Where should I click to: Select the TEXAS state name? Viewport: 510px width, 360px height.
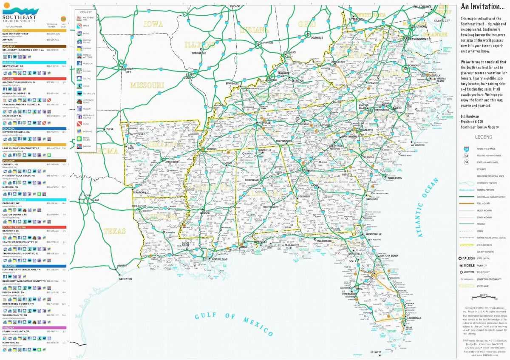[x=114, y=232]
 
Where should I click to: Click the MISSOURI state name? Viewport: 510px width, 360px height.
[x=147, y=85]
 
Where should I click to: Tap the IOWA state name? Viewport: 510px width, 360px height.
[x=153, y=25]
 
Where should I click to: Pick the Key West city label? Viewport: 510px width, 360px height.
[x=376, y=352]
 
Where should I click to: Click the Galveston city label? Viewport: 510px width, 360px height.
[x=125, y=279]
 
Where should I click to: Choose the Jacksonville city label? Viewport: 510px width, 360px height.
[x=373, y=234]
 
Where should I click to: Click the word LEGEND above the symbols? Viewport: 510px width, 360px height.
[x=484, y=137]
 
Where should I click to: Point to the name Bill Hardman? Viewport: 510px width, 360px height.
[x=471, y=115]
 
